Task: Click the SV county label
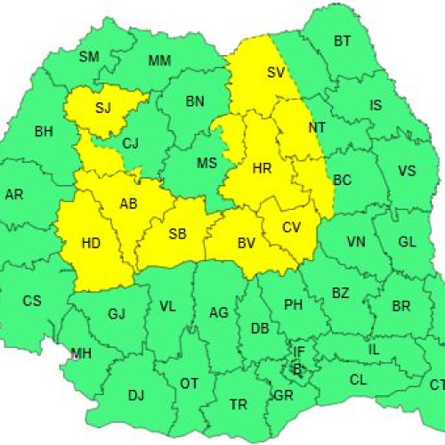276,74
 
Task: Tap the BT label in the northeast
342,41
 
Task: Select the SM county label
89,57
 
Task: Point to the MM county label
159,61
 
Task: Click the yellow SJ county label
103,109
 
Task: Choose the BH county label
43,132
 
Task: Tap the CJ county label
131,142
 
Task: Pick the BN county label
195,101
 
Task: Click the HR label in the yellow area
262,167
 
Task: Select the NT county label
316,128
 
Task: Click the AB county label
128,204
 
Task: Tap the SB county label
178,234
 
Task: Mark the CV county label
292,227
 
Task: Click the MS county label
206,163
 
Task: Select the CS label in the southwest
31,301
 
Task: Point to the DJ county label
135,395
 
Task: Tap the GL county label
407,242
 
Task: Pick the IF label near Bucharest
299,352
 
